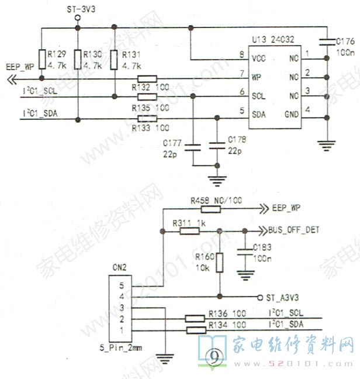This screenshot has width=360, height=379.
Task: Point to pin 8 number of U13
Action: point(242,56)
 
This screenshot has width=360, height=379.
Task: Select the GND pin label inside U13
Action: point(292,114)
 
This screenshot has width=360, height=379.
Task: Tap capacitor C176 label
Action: point(345,40)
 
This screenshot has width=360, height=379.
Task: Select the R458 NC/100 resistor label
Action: point(216,201)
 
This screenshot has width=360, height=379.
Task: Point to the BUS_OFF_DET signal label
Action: point(293,230)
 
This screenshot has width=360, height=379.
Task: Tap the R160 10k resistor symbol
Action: point(219,262)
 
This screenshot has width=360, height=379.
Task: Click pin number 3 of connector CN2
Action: point(122,308)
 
